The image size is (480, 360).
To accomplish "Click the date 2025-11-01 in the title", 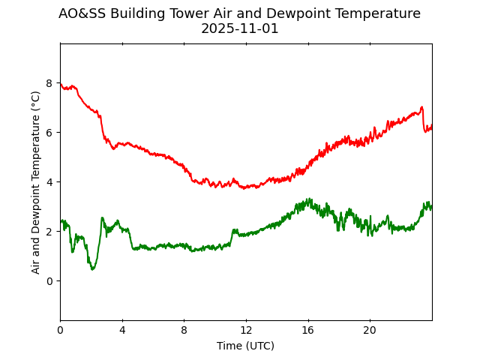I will coord(239,28).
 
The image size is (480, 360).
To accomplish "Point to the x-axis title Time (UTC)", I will coord(245,346).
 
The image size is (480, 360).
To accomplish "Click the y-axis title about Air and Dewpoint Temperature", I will coord(36,182).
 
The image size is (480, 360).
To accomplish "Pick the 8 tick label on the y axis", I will coord(49,83).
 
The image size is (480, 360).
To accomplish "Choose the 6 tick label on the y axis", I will coord(49,133).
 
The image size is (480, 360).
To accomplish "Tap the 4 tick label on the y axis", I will coord(49,182).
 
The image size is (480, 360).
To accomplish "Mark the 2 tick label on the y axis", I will coord(49,232).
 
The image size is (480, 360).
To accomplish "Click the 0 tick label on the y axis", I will coord(49,281).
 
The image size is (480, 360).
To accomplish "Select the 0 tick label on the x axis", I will coord(60,330).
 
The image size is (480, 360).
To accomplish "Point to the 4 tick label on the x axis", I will coord(122,330).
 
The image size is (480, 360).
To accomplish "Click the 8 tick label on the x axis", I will coord(184,330).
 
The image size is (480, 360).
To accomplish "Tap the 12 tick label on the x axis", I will coord(246,330).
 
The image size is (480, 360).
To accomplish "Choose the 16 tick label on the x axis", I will coord(307,330).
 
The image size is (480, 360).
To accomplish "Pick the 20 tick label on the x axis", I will coord(370,330).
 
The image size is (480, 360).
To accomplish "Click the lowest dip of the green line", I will coord(92,268).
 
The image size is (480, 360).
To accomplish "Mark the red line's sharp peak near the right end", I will coord(422,107).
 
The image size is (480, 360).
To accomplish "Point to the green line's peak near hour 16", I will coord(308,199).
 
